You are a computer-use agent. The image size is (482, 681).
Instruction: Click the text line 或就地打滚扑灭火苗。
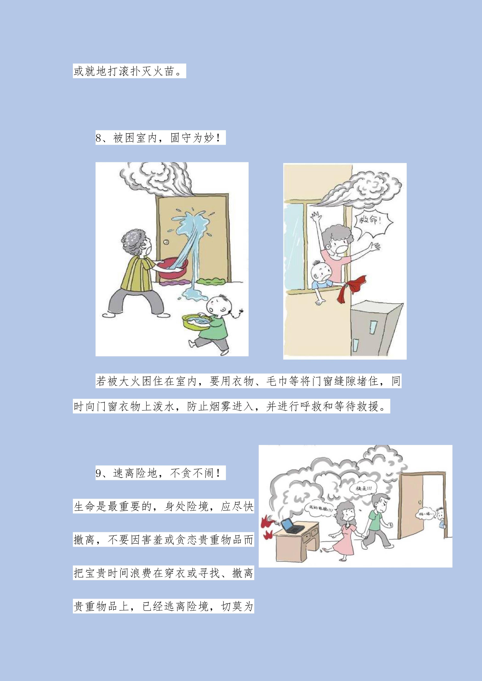[x=129, y=71]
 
